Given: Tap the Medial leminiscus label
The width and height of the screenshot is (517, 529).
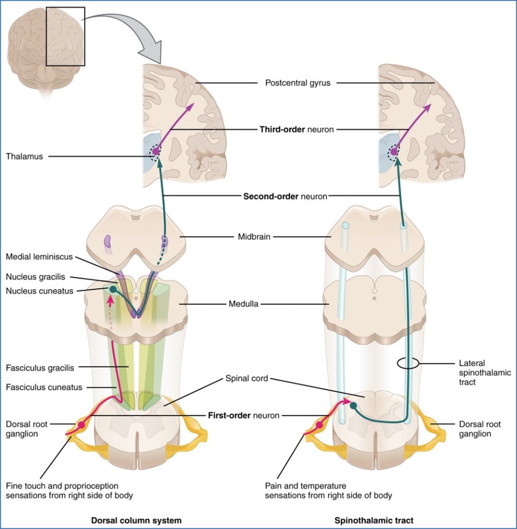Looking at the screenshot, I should (40, 257).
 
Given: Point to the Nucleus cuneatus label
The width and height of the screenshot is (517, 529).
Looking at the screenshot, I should (39, 290).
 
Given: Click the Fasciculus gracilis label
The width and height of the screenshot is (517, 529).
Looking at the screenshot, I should (40, 368).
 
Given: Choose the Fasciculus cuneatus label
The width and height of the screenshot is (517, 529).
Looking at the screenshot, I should (44, 387).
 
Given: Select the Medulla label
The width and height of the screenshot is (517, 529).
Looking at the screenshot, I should (244, 304).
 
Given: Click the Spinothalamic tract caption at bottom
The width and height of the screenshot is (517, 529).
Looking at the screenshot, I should (373, 520).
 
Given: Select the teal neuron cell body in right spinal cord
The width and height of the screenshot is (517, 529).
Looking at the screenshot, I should (354, 406).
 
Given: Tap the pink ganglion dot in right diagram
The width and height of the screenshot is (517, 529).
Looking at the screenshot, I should (319, 425).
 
